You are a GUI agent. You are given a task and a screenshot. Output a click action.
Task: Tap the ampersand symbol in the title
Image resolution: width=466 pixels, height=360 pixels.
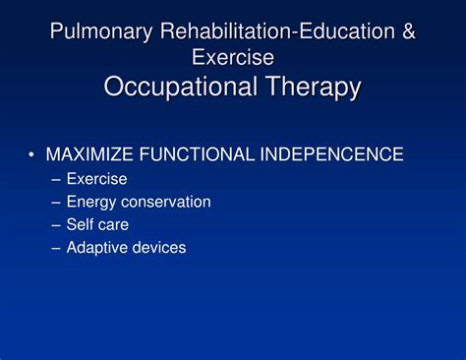[x=407, y=31]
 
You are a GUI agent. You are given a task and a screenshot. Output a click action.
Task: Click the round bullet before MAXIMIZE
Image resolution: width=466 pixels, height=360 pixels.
[x=32, y=154]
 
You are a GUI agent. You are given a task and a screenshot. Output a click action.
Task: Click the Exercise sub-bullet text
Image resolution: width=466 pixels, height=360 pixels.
[x=96, y=179]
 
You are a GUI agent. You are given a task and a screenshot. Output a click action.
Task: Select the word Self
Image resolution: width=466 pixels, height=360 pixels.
[x=82, y=224]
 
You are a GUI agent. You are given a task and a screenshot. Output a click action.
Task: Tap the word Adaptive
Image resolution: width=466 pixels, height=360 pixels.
[x=97, y=248]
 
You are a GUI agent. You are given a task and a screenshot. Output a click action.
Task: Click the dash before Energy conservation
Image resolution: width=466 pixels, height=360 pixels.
[x=56, y=202]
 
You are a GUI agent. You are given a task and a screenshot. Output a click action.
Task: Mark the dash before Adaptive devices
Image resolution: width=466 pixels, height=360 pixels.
[x=56, y=248]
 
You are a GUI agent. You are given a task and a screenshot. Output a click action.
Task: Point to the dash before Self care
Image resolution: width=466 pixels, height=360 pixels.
[x=56, y=224]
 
